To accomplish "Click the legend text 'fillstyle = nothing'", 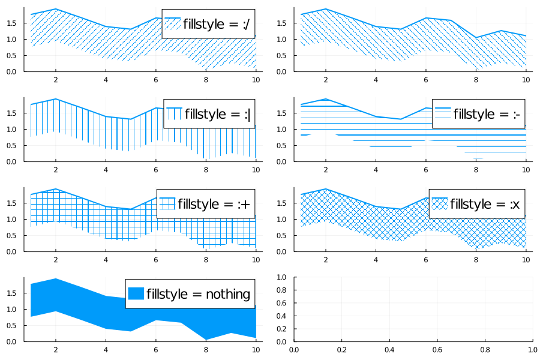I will pyautogui.click(x=198, y=294).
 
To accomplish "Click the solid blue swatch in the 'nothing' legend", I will pyautogui.click(x=136, y=294).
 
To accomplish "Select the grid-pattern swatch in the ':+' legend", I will pyautogui.click(x=167, y=204).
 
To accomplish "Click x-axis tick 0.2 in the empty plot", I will pyautogui.click(x=341, y=349).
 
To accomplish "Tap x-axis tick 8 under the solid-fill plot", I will pyautogui.click(x=206, y=349).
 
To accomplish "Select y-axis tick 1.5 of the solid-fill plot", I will pyautogui.click(x=15, y=293).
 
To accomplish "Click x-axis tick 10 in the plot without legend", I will pyautogui.click(x=526, y=79).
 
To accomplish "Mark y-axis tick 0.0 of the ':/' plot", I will pyautogui.click(x=15, y=71).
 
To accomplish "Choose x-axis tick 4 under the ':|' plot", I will pyautogui.click(x=106, y=169).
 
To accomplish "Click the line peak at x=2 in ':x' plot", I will pyautogui.click(x=325, y=189).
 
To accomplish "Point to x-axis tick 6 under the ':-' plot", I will pyautogui.click(x=425, y=169).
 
